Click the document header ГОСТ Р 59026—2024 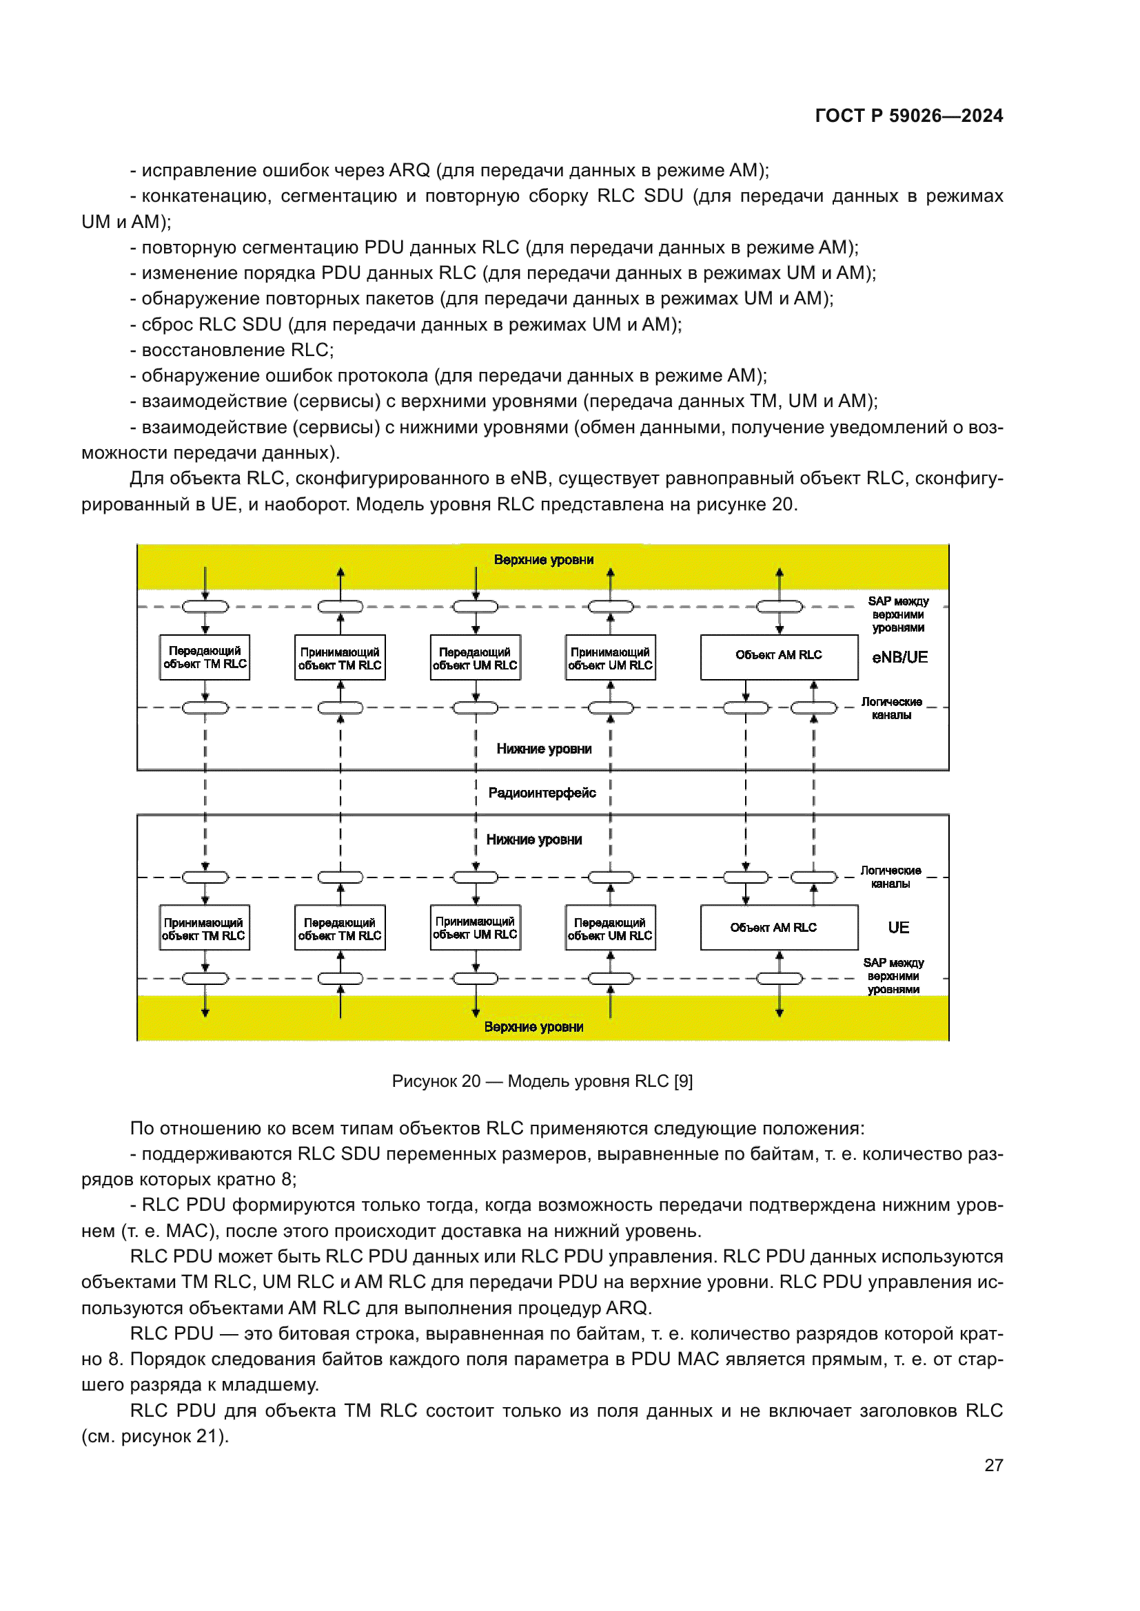click(x=908, y=116)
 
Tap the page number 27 click(x=993, y=1465)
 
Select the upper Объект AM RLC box click(x=778, y=657)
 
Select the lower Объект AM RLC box click(x=778, y=928)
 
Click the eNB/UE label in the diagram click(x=899, y=658)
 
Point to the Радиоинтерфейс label click(x=542, y=793)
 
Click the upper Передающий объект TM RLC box click(x=205, y=658)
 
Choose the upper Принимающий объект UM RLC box click(x=610, y=658)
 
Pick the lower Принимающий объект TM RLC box click(x=204, y=928)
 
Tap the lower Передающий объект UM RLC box click(x=610, y=928)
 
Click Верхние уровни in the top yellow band click(x=543, y=560)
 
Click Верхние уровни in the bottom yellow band click(x=533, y=1027)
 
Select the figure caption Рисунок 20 click(x=542, y=1081)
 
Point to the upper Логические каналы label click(x=891, y=708)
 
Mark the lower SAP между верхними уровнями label click(x=893, y=976)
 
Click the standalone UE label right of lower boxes click(x=898, y=928)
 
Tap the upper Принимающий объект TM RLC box click(x=340, y=658)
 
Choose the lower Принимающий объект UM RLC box click(x=476, y=928)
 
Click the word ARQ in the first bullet click(x=409, y=171)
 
